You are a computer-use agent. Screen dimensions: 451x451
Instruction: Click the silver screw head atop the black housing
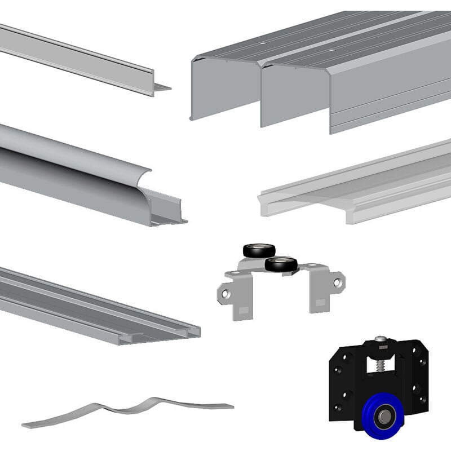coord(382,339)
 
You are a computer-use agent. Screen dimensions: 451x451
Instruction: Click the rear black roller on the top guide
coord(259,251)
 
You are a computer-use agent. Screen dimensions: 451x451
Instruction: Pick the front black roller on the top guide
coord(281,263)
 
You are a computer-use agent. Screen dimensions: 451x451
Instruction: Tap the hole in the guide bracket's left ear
coord(225,294)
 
